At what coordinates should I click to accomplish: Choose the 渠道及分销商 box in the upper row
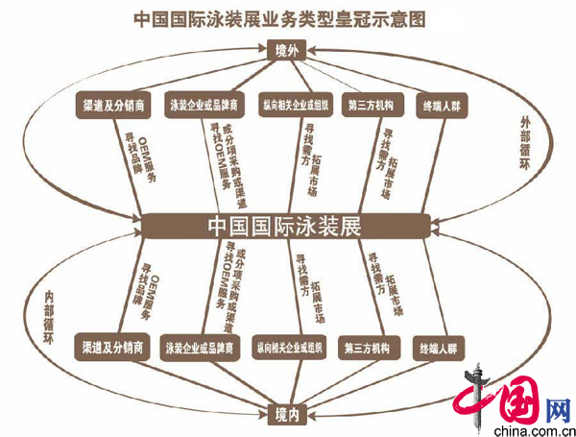114,103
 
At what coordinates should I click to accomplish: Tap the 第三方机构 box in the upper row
369,104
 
